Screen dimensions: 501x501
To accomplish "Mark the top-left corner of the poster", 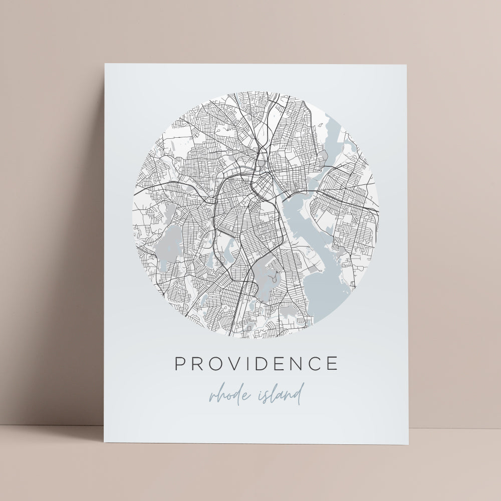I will pos(105,64).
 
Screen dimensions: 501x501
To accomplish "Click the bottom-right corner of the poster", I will pos(408,444).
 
